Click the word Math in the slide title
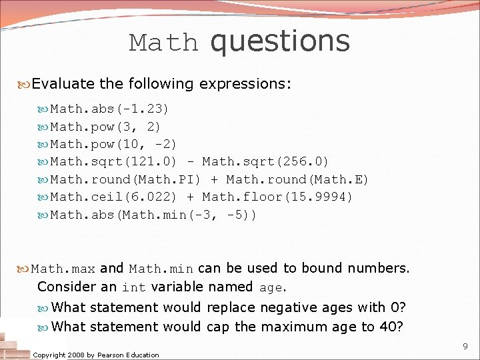pos(164,43)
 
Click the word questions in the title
pos(279,41)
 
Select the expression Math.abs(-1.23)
pos(110,108)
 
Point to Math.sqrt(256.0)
pos(265,161)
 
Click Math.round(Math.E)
pos(297,179)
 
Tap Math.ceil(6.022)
pos(114,197)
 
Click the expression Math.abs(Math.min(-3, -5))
pos(154,215)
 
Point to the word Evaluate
pos(63,84)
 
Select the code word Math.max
pos(63,269)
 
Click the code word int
pos(134,288)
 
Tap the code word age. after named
pos(271,288)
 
